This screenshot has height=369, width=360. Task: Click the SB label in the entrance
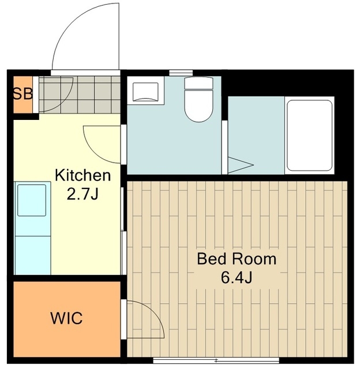(22, 93)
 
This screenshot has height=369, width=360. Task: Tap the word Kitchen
(82, 175)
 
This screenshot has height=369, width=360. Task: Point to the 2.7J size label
(82, 194)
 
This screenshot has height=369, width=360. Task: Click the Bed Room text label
(237, 259)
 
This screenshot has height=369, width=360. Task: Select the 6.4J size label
(237, 278)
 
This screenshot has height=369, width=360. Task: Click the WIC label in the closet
(66, 318)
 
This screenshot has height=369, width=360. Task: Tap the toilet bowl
(199, 106)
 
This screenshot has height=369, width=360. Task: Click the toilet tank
(199, 83)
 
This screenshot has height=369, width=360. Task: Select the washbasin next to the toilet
(145, 91)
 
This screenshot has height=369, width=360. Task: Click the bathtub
(309, 135)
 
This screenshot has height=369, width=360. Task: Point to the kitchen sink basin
(32, 200)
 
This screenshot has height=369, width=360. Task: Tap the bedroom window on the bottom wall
(216, 360)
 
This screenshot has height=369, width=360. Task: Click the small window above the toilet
(181, 73)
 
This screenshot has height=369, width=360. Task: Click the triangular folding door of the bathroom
(240, 165)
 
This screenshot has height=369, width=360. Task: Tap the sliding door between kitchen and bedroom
(123, 231)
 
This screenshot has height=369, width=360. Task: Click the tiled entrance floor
(80, 95)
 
